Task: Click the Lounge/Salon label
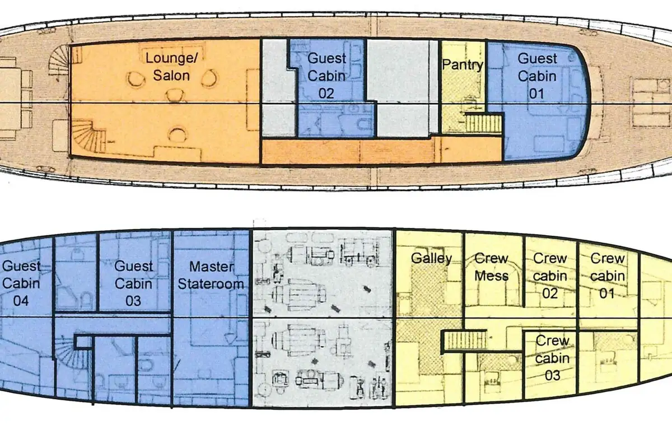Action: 171,67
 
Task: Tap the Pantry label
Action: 463,65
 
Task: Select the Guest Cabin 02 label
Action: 326,76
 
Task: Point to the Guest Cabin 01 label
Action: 537,76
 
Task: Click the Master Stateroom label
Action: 211,275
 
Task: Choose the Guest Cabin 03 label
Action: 133,283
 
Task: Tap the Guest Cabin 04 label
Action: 21,283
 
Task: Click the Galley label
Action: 431,258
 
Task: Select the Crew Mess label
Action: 492,267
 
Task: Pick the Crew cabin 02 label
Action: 550,276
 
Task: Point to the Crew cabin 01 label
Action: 608,276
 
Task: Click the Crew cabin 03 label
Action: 552,358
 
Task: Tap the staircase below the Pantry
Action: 484,123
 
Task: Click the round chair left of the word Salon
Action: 136,79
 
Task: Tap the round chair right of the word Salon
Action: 209,78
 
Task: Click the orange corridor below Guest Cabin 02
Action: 381,151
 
